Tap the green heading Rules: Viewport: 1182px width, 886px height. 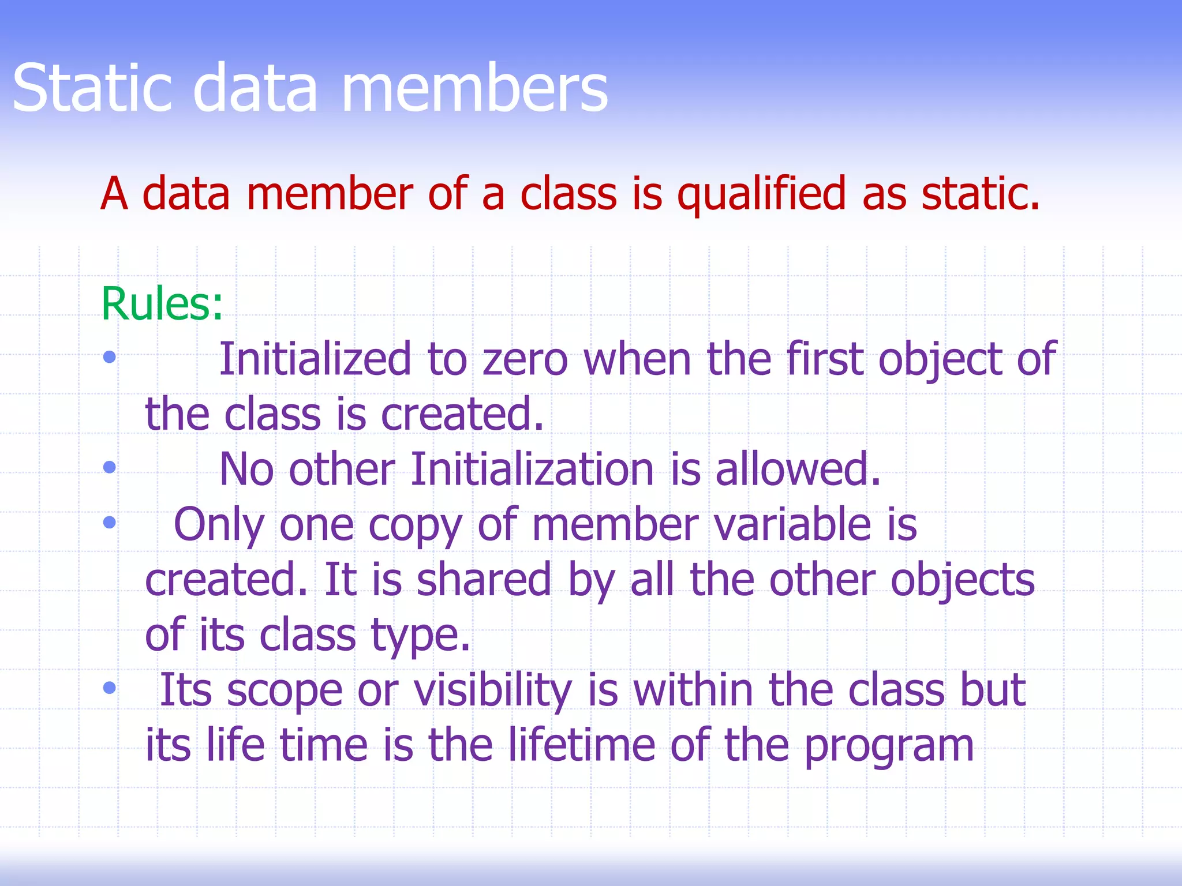[162, 304]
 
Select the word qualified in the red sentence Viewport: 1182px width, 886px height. [761, 194]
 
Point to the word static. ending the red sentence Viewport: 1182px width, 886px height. [980, 194]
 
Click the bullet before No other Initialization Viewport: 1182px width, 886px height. [109, 467]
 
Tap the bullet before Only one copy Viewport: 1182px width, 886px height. [109, 523]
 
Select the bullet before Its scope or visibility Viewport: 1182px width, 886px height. [109, 688]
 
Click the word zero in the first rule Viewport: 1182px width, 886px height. [525, 359]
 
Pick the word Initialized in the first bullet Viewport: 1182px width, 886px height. [315, 359]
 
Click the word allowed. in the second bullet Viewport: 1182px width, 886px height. [798, 469]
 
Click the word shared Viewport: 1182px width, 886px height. [484, 580]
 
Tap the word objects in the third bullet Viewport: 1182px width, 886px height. [963, 580]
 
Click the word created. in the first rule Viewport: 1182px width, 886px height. [462, 414]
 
